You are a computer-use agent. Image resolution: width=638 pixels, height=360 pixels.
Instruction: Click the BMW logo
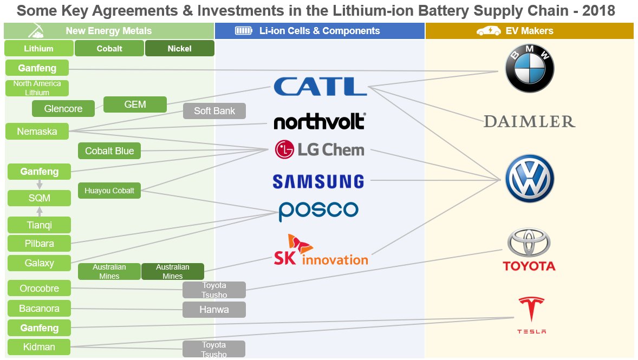[529, 69]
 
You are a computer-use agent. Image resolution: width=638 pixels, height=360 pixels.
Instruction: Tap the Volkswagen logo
[529, 179]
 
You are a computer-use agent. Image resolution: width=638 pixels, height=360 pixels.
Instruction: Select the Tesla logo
[531, 315]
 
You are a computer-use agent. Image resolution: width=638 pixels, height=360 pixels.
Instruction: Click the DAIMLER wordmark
[529, 121]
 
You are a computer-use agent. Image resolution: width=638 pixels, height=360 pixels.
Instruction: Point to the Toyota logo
[529, 250]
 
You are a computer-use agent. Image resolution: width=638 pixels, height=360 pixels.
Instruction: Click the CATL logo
[320, 87]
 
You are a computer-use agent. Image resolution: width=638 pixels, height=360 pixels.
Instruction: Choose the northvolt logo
[319, 121]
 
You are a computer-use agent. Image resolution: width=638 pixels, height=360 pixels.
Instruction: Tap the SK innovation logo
[320, 251]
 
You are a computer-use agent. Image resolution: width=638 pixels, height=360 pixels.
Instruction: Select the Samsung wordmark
[318, 181]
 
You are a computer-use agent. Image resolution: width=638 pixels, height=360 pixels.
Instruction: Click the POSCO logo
[318, 211]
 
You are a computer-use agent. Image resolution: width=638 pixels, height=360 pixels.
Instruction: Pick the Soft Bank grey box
[214, 111]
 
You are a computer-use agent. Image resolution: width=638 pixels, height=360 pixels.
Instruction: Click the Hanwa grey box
[214, 310]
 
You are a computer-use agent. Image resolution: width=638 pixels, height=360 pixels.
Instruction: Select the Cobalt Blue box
[109, 151]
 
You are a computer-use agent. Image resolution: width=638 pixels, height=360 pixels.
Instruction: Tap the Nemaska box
[37, 131]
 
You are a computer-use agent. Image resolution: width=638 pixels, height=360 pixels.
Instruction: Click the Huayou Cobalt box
[109, 191]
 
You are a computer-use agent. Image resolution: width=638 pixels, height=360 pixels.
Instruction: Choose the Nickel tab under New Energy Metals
[179, 48]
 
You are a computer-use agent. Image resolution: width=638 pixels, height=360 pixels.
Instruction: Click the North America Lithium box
[37, 88]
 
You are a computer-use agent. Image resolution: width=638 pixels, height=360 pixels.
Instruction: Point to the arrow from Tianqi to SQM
[40, 211]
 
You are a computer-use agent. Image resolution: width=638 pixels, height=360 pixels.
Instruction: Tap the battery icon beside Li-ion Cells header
[244, 31]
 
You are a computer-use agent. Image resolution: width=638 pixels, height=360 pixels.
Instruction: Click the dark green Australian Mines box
[172, 271]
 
